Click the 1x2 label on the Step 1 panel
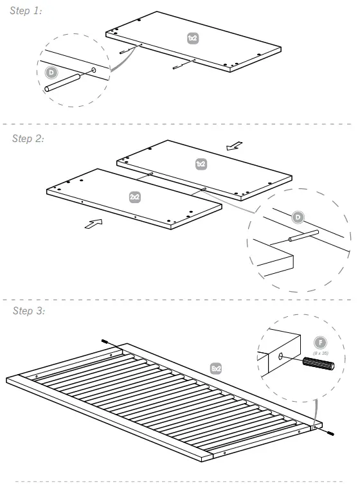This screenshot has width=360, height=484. click(x=192, y=39)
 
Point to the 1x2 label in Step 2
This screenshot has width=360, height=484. click(x=201, y=165)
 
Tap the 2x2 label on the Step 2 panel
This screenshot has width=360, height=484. click(x=135, y=197)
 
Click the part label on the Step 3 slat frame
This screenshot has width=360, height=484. click(x=216, y=368)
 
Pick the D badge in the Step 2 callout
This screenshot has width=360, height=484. click(x=297, y=217)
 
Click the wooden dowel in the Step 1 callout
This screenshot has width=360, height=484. click(x=62, y=84)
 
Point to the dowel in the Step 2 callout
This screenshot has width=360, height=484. click(x=303, y=236)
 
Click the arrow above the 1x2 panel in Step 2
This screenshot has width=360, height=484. click(x=235, y=147)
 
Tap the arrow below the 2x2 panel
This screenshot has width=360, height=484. click(x=93, y=225)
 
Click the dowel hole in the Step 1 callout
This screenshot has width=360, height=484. click(x=94, y=69)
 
